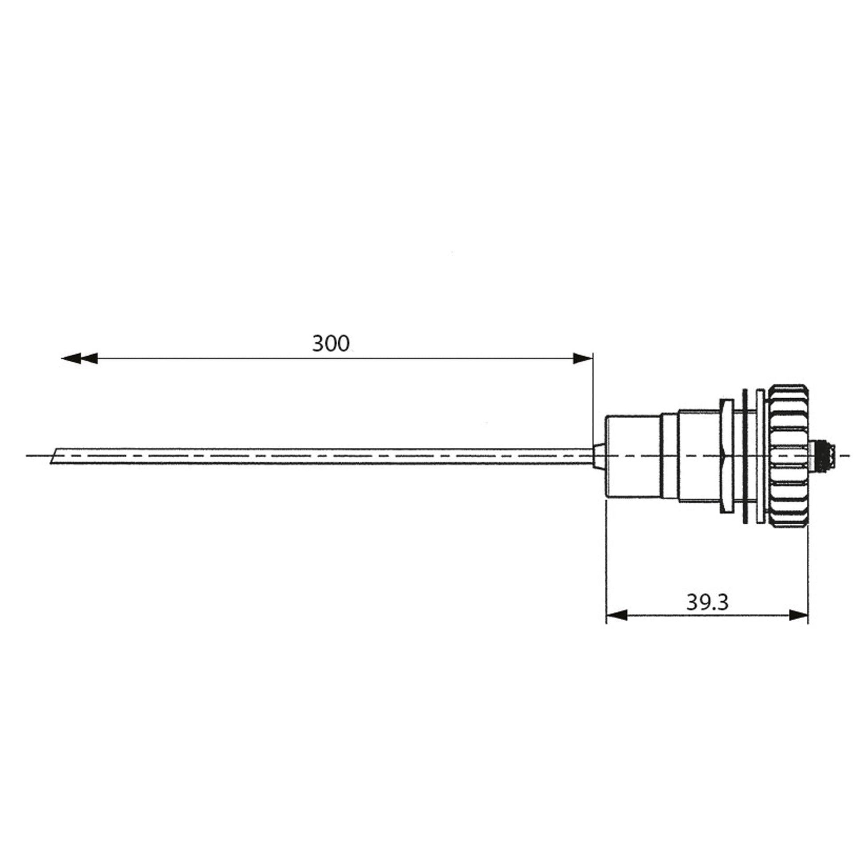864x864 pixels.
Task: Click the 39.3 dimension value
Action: tap(707, 602)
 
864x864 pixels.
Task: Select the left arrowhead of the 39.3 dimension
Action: tap(617, 615)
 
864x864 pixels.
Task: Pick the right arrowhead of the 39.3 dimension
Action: tap(798, 615)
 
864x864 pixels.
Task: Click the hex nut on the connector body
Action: tap(726, 456)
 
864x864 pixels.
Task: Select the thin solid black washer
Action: tap(745, 456)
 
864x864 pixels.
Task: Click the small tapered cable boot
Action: tap(599, 456)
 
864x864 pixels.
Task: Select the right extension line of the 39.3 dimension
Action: tap(808, 572)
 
